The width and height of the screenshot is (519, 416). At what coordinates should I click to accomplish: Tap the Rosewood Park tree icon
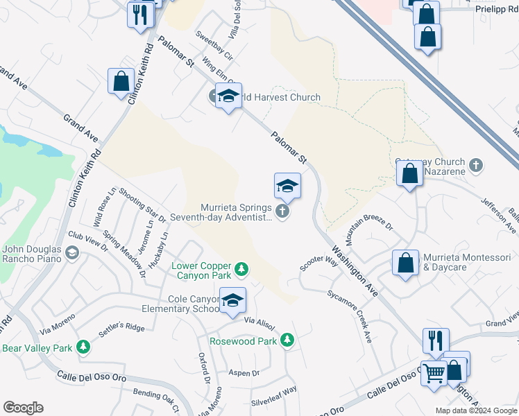[x=287, y=340]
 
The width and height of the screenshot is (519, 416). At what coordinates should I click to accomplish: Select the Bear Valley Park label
[x=38, y=347]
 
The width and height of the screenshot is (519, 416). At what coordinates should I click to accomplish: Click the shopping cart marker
[x=434, y=373]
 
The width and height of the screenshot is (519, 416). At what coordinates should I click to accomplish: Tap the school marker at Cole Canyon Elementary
[x=233, y=300]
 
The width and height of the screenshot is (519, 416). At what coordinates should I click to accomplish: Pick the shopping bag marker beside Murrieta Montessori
[x=405, y=263]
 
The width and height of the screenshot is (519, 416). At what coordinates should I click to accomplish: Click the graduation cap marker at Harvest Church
[x=228, y=96]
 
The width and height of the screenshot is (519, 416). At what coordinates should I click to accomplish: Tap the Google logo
[x=23, y=408]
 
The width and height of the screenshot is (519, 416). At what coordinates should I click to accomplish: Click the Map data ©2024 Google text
[x=475, y=410]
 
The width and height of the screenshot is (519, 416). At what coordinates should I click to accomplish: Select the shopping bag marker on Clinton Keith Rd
[x=121, y=82]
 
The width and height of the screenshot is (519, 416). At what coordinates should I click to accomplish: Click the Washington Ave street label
[x=354, y=270]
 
